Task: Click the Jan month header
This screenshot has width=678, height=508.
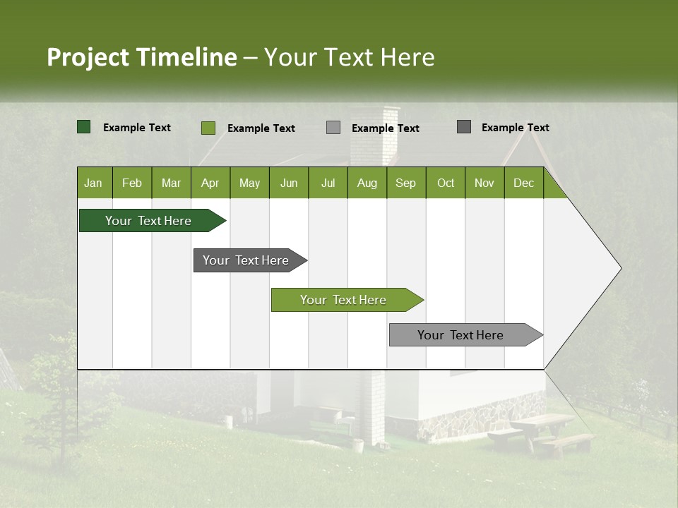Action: (x=94, y=183)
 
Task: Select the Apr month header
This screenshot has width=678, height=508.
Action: (x=210, y=183)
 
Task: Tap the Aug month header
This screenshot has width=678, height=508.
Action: (x=367, y=183)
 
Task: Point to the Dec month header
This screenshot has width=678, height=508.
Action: (x=524, y=183)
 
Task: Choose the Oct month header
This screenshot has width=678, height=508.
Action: (x=446, y=183)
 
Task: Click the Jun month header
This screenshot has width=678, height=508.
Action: (x=289, y=183)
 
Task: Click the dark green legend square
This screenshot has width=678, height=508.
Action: (x=83, y=127)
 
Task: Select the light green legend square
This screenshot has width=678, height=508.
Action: (x=208, y=128)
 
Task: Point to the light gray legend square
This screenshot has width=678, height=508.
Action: (x=333, y=128)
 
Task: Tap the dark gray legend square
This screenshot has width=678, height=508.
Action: (x=464, y=127)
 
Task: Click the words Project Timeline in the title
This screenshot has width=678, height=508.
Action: (x=141, y=57)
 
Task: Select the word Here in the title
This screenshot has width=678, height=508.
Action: (x=408, y=57)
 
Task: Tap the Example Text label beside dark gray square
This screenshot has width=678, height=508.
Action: (x=515, y=128)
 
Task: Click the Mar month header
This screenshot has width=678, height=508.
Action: (x=171, y=183)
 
